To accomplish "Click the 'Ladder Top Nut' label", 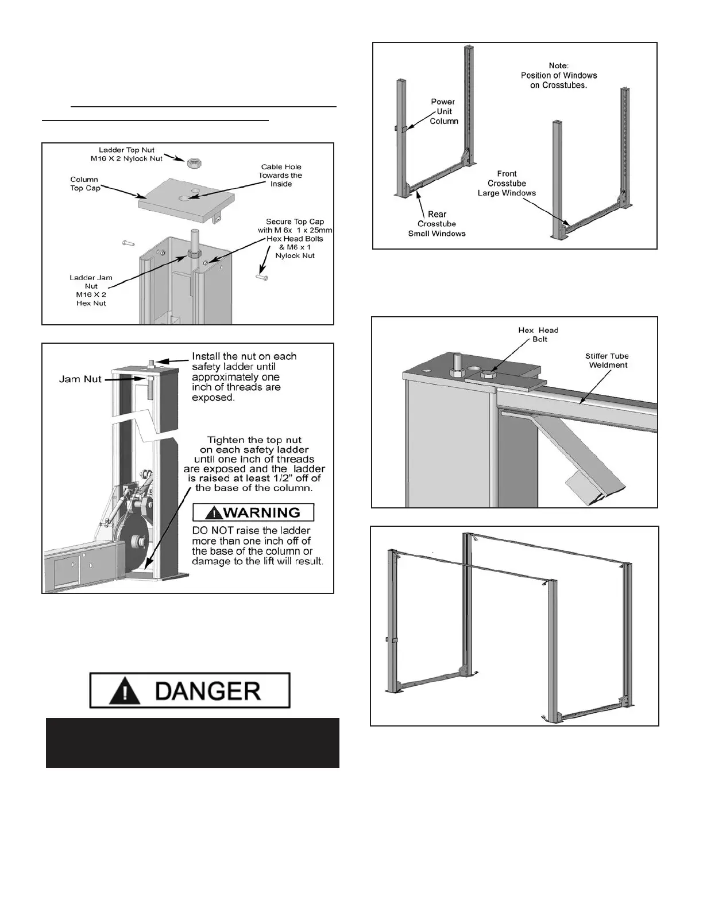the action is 127,154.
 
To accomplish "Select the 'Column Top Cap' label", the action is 85,184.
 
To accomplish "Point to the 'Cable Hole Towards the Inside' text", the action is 281,176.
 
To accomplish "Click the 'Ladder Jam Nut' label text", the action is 91,290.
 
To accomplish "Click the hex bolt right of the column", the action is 261,278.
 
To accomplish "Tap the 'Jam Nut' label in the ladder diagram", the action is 80,379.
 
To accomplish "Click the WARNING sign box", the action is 253,512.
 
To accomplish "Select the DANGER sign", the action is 190,690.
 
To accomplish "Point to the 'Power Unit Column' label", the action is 443,111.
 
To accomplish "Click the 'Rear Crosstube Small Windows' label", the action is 437,224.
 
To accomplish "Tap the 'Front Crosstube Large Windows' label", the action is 507,183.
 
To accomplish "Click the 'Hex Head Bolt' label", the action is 538,335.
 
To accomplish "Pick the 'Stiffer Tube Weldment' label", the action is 607,360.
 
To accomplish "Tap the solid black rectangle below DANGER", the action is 192,743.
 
